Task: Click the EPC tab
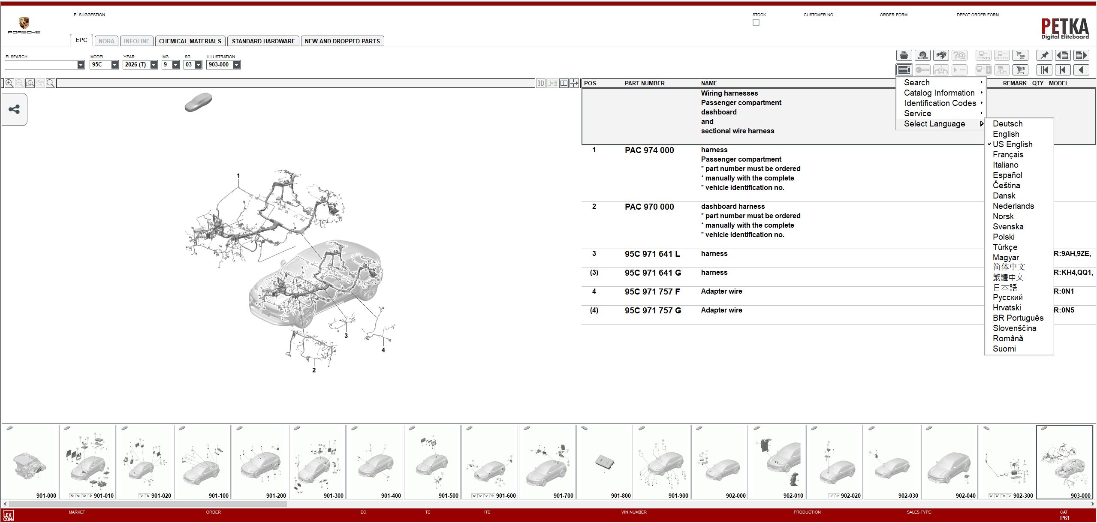click(x=81, y=40)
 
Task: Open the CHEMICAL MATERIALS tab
click(x=190, y=41)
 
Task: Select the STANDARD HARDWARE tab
click(x=263, y=41)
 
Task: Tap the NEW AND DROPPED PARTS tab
click(x=342, y=41)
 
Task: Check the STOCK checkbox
click(x=756, y=22)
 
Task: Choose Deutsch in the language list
click(x=1007, y=124)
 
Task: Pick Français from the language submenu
click(x=1008, y=155)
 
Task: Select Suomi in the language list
click(x=1004, y=349)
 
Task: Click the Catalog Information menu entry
click(x=939, y=93)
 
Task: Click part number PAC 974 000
click(x=649, y=150)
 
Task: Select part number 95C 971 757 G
click(x=653, y=311)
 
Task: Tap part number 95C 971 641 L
click(x=652, y=254)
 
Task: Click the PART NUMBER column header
click(x=645, y=83)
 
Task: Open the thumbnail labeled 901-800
click(x=605, y=462)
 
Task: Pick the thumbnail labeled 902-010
click(x=777, y=462)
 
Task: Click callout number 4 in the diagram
click(x=383, y=350)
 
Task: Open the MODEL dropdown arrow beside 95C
click(x=115, y=65)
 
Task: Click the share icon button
click(x=14, y=109)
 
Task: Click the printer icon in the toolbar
click(x=904, y=55)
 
